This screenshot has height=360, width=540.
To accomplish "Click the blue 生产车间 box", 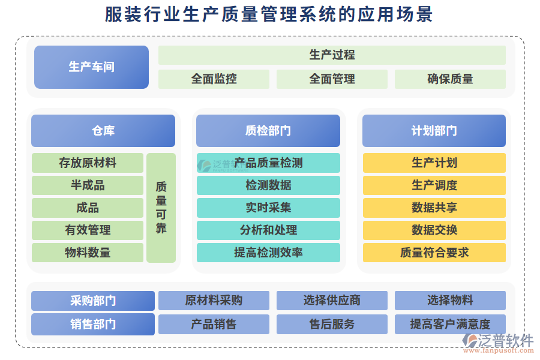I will pos(91,67).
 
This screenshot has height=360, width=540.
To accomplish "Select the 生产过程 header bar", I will pos(332,55).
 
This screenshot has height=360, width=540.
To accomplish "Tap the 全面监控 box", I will pos(214,79).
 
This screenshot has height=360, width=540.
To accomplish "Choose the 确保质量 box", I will pos(450,79).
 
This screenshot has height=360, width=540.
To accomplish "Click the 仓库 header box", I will pos(103,131).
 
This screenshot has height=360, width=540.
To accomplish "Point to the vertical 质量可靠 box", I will pos(161,208).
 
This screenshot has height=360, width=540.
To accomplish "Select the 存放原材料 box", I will pos(88,163).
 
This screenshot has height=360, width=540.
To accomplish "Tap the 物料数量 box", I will pos(88,253).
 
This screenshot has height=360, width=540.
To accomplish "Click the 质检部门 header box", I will pos(268,131).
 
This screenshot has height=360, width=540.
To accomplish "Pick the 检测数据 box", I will pos(268,185).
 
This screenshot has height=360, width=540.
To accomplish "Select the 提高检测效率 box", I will pos(268,253).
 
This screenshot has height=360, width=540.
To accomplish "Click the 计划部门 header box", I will pos(434,131).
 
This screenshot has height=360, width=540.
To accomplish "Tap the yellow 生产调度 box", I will pos(434,185).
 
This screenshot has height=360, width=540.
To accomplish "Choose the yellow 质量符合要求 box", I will pos(434,253).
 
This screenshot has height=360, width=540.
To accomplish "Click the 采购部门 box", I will pos(93,301).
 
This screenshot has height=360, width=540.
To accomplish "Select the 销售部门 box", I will pos(93,325).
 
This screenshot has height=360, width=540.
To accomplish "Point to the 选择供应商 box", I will pos(332,301).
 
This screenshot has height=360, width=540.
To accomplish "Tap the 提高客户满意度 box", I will pos(450,325).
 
